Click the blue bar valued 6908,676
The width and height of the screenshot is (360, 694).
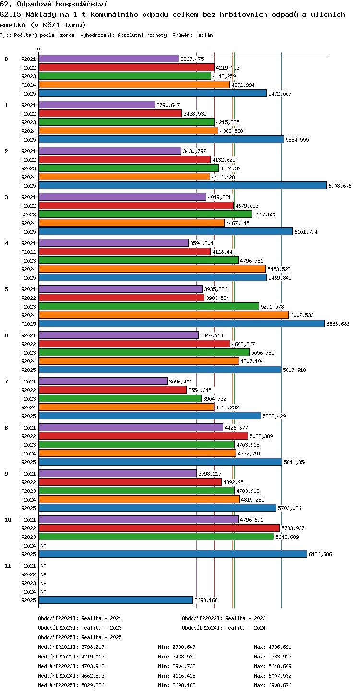pos(183,185)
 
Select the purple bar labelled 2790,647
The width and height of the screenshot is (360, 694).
pos(97,105)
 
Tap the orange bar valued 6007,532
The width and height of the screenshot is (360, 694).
pos(164,315)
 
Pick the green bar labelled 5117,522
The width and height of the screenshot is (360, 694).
pos(145,214)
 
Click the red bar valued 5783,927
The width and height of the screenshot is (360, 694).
pos(159,528)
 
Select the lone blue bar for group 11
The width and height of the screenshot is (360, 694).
pos(116,600)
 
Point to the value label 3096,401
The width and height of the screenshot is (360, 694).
pos(180,382)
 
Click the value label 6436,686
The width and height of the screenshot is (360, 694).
pos(320,554)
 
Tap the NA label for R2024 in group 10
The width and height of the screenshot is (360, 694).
pos(43,546)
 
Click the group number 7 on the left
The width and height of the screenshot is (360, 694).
pos(6,382)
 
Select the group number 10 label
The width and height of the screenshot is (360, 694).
pos(8,520)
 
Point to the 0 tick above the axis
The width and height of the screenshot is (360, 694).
pos(39,49)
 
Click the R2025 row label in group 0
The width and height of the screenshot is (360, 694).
pos(28,94)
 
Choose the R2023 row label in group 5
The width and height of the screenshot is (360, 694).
pos(28,307)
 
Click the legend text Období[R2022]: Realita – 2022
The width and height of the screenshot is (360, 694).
pos(224,618)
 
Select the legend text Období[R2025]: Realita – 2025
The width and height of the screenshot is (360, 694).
pos(80,637)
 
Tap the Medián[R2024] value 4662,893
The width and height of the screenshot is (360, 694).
pos(93,676)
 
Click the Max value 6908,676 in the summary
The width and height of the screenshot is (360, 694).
pos(280,685)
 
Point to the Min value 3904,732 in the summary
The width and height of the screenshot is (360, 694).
pos(184,666)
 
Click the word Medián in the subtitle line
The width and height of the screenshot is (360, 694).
pos(204,35)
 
